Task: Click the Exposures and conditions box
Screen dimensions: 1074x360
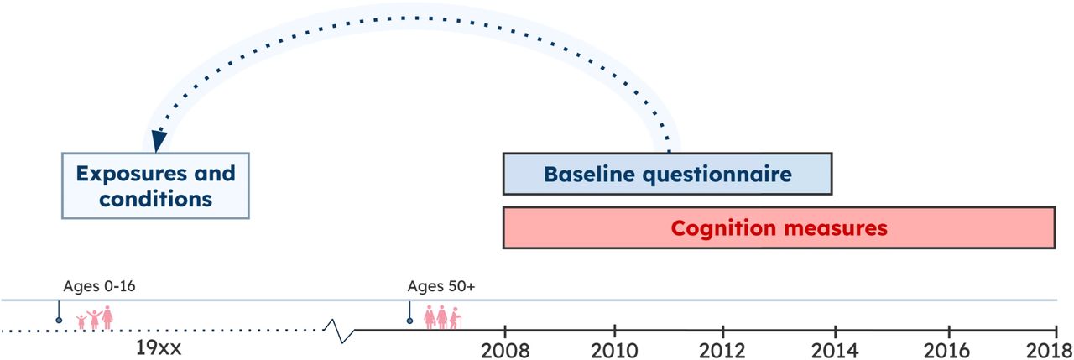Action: coord(155,186)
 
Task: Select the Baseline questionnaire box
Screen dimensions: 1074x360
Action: coord(667,174)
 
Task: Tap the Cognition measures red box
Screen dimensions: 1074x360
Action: coord(779,227)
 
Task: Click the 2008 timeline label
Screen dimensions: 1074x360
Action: coord(505,351)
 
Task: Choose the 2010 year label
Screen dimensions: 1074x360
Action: coord(614,351)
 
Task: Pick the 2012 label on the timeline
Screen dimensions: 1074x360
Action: coord(722,351)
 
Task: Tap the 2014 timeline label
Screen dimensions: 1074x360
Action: coord(835,351)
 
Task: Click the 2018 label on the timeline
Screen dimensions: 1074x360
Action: coord(1049,351)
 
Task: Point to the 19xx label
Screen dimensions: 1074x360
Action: coord(159,348)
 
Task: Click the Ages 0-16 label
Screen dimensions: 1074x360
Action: coord(99,286)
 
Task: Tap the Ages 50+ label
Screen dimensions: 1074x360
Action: coord(441,286)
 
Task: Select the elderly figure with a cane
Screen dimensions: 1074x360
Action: coord(455,318)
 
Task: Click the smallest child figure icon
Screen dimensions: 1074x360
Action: coord(81,322)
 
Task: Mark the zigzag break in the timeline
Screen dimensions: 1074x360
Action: coord(340,331)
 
